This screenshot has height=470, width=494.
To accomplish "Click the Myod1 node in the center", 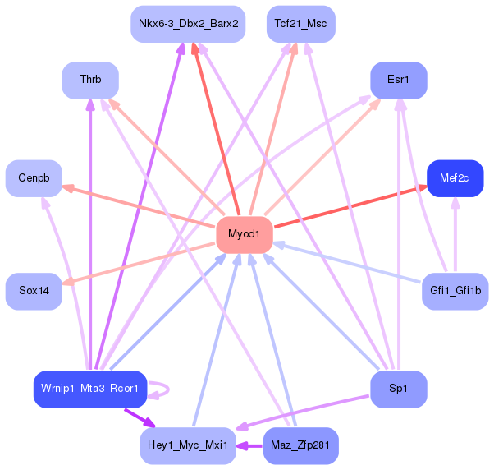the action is [x=245, y=235].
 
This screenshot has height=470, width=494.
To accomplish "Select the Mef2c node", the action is [x=455, y=178].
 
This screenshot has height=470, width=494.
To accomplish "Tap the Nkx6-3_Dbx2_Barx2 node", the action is [x=188, y=24].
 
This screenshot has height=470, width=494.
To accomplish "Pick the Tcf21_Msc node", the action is [x=301, y=24].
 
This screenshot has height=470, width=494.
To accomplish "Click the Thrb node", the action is [x=90, y=81].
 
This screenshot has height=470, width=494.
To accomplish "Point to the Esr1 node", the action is [x=399, y=81].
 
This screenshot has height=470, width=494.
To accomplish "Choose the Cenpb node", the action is [x=34, y=178].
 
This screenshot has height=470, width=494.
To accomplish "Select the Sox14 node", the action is [x=34, y=291].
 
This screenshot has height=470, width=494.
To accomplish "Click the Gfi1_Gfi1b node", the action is [x=455, y=291].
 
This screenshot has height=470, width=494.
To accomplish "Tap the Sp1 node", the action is [x=399, y=389].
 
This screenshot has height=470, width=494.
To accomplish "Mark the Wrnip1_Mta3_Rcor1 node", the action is [x=90, y=389].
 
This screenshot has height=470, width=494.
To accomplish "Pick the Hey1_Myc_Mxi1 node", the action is [x=188, y=445].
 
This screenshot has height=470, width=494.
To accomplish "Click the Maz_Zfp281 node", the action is [x=301, y=445].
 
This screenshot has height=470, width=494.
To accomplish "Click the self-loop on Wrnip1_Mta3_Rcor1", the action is [x=168, y=389].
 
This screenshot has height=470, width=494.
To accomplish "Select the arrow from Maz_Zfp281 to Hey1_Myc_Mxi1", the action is [x=249, y=446].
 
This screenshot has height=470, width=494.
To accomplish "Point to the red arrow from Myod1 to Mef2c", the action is [x=350, y=206].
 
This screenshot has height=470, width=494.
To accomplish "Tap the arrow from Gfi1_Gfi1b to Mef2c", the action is [x=455, y=235].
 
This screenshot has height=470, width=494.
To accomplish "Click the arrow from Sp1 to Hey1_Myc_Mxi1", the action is [x=303, y=412].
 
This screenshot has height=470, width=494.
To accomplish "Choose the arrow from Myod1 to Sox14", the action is [x=139, y=264].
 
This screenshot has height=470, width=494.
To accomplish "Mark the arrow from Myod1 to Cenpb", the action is [x=139, y=206].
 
